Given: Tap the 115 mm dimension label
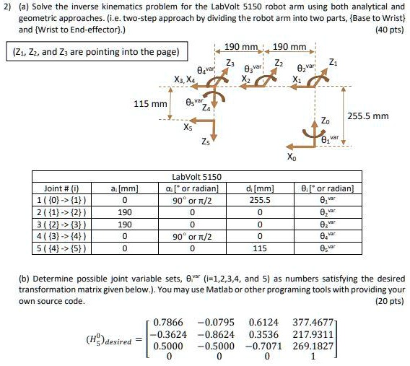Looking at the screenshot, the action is click(151, 104).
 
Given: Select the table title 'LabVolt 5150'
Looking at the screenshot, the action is click(196, 176).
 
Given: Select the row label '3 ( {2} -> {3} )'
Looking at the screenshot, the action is click(63, 225).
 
